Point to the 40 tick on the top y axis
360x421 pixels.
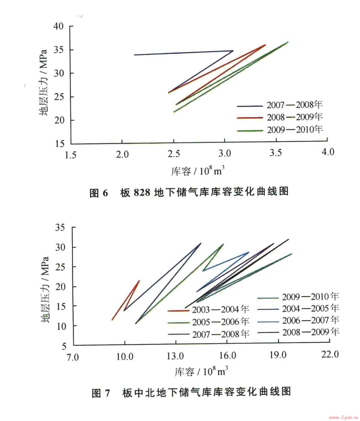(x=59, y=26)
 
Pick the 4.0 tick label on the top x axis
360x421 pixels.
(x=327, y=152)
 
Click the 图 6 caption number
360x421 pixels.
(x=98, y=193)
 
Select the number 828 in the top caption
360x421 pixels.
(x=142, y=192)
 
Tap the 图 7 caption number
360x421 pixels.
(x=101, y=393)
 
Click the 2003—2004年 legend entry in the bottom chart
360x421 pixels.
(x=220, y=309)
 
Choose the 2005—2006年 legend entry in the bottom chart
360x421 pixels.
(x=220, y=322)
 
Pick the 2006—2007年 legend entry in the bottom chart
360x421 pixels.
(x=310, y=320)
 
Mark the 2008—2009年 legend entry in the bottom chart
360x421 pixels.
(x=311, y=332)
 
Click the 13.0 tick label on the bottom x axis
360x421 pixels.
(x=175, y=356)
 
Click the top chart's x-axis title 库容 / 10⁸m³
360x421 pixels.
(x=198, y=172)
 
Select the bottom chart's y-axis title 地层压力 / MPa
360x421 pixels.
(x=45, y=289)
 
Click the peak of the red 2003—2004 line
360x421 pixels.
(x=139, y=280)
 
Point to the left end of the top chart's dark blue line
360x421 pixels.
(x=134, y=55)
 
